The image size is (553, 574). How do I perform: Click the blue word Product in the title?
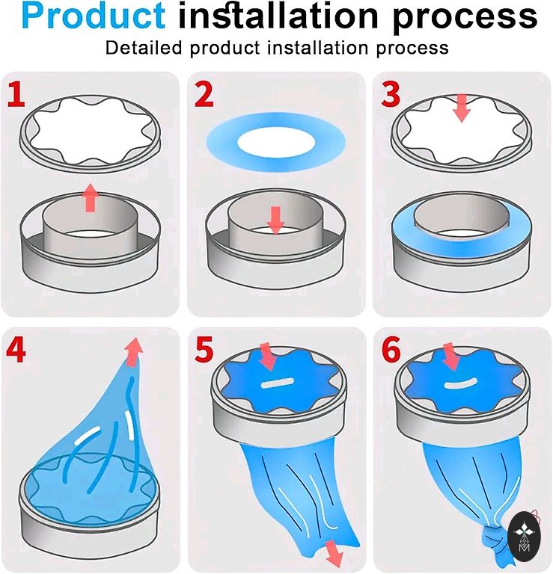click(94, 16)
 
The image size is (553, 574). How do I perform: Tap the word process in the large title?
click(465, 18)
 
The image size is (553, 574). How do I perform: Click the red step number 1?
click(17, 94)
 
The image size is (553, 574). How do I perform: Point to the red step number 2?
click(204, 94)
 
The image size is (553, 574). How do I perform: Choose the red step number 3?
click(391, 94)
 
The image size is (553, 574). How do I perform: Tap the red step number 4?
click(16, 350)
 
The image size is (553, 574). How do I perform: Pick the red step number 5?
click(204, 350)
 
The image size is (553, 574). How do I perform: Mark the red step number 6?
click(391, 350)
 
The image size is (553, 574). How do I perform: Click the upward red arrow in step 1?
click(90, 198)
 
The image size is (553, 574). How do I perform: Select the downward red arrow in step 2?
click(275, 220)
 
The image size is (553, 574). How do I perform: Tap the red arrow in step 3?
click(462, 108)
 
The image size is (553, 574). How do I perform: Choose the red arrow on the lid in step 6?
click(451, 358)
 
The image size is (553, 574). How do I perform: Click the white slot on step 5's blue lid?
click(277, 383)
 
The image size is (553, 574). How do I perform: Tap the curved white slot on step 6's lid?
click(460, 383)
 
